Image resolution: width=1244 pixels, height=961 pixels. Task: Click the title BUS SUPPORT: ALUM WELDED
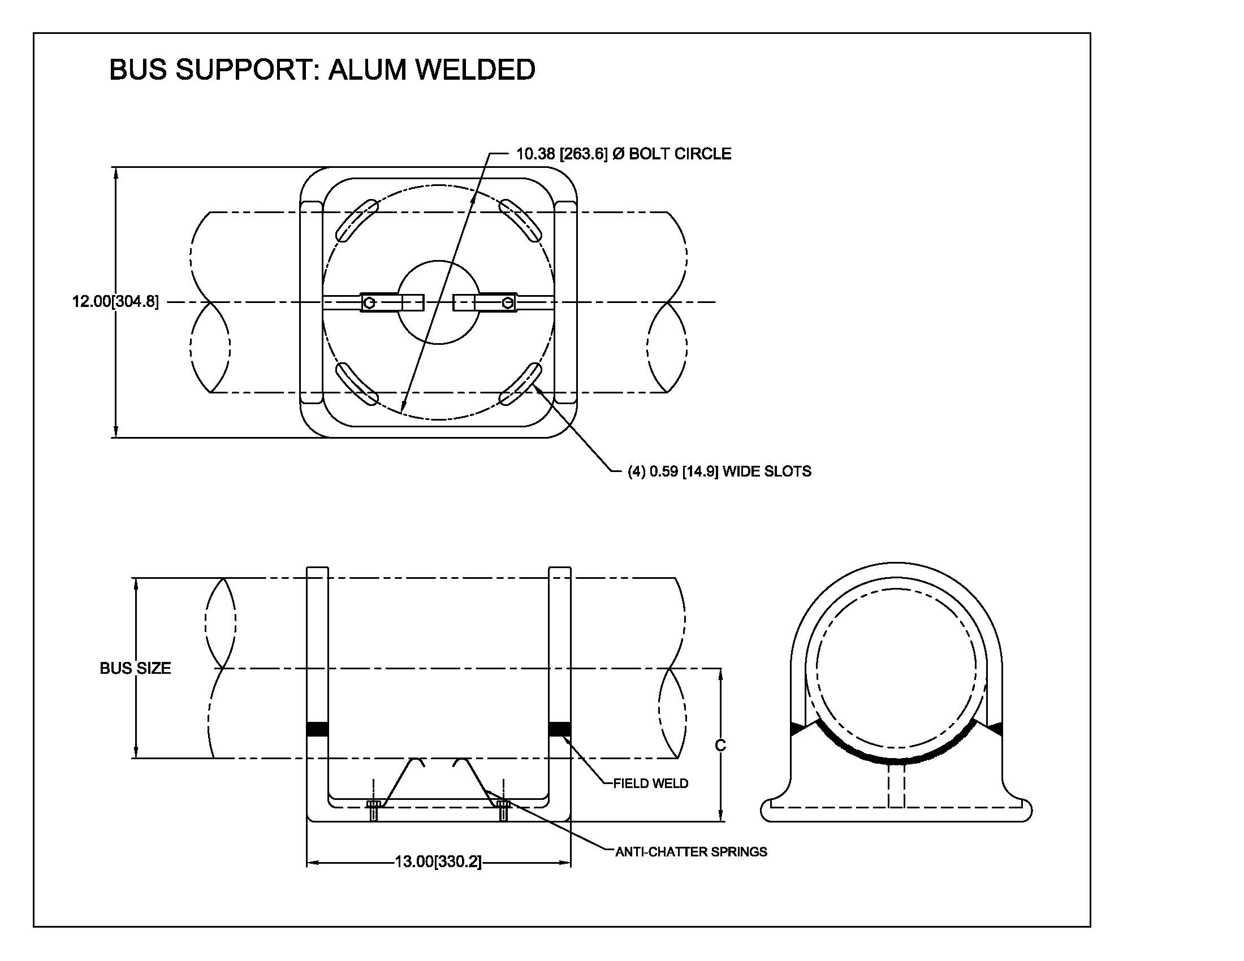(322, 70)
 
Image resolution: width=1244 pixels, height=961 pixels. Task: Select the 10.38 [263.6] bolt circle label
(623, 154)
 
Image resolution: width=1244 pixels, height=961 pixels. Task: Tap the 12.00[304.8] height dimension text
(115, 301)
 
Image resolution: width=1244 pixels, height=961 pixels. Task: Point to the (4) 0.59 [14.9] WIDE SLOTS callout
(719, 471)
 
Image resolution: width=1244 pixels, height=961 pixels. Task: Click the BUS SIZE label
(135, 668)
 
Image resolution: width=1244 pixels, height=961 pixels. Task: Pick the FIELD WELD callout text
(650, 783)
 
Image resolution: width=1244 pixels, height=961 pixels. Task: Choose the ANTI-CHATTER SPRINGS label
(690, 852)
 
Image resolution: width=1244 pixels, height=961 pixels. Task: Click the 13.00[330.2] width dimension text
(438, 862)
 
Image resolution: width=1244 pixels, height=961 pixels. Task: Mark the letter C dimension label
(720, 745)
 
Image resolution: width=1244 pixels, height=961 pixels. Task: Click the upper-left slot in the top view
(357, 219)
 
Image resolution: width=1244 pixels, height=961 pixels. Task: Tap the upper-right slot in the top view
(520, 219)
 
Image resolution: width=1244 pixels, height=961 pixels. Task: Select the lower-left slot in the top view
(357, 384)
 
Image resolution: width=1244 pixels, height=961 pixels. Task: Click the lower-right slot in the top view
(521, 384)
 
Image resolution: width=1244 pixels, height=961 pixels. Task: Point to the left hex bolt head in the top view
(369, 302)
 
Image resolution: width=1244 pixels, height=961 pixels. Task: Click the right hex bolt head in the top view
(508, 302)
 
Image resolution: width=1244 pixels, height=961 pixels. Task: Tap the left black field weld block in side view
(317, 729)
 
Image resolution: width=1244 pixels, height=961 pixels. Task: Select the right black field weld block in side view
(559, 729)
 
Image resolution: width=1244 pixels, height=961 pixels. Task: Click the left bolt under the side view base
(374, 810)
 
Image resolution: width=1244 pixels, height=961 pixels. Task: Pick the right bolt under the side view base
(502, 810)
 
